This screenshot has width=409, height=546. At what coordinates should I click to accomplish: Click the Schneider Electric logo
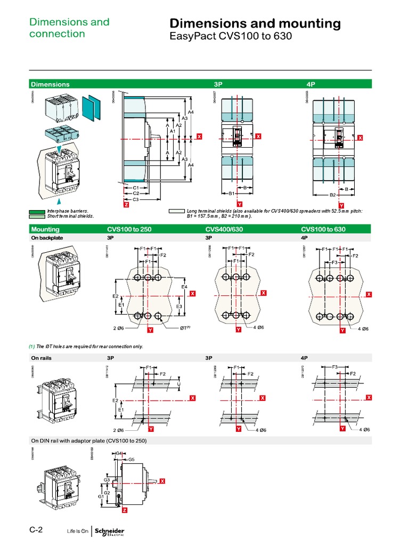point(109,531)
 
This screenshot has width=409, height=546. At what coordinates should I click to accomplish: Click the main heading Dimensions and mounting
point(255,23)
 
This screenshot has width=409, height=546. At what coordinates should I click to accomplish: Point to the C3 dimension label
point(136,199)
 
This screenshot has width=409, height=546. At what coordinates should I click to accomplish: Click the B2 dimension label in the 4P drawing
point(332,195)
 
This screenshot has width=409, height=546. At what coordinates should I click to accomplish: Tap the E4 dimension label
point(184,287)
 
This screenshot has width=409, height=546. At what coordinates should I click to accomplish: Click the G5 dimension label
point(131,459)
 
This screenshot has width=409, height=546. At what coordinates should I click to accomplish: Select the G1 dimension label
point(100,496)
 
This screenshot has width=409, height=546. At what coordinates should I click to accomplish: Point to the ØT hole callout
point(184,328)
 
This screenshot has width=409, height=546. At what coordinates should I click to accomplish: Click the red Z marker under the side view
point(126,205)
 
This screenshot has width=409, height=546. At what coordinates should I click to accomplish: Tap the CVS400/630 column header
point(224,229)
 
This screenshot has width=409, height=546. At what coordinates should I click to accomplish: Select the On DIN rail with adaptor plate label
point(88,441)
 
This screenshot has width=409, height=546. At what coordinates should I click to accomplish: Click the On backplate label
point(47,238)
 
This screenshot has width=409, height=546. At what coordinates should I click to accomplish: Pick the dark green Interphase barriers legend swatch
point(37,211)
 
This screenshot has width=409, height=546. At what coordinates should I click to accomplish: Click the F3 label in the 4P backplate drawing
point(335,263)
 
